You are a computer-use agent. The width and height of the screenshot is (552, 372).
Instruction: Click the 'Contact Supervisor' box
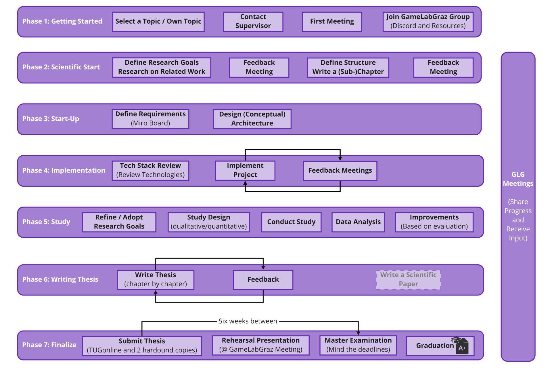(253, 22)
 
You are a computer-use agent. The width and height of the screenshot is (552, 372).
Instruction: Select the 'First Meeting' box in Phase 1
(332, 22)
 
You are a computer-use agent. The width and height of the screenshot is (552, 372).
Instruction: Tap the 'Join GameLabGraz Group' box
(428, 22)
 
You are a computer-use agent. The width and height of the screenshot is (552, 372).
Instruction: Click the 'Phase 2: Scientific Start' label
(61, 67)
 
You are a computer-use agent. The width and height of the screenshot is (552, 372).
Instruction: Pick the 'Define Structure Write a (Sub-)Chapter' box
(348, 67)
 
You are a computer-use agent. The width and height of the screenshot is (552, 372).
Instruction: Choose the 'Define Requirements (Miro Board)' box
(150, 119)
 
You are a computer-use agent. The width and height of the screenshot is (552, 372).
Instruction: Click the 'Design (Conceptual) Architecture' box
(252, 119)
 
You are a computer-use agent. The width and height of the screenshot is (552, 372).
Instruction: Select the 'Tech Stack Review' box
(150, 170)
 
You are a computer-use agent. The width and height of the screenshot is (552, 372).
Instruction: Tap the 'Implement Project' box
(245, 170)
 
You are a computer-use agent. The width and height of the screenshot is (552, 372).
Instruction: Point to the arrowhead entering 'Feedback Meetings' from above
(340, 159)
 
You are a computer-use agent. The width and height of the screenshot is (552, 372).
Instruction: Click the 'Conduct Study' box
(291, 222)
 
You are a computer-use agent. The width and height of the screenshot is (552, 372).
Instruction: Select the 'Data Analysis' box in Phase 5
(358, 222)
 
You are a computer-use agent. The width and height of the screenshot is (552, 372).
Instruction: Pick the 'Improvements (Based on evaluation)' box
(434, 222)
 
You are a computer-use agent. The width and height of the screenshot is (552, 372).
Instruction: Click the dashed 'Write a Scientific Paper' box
(408, 279)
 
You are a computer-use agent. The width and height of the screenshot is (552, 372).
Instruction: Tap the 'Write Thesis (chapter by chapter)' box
(156, 279)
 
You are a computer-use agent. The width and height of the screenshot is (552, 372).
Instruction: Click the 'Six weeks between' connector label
(248, 321)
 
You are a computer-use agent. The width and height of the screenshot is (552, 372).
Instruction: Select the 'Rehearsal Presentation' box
(260, 345)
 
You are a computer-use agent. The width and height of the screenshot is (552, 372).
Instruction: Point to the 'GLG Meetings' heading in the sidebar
(518, 179)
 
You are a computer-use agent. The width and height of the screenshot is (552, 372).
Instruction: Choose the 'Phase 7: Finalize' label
(49, 345)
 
